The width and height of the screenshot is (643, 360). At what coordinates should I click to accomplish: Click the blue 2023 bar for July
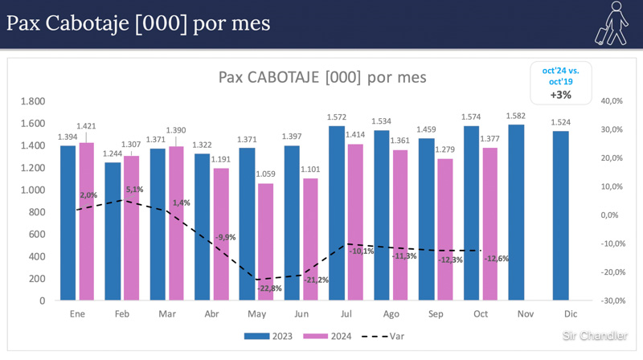(336, 213)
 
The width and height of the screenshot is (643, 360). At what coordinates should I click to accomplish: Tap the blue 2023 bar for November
(515, 212)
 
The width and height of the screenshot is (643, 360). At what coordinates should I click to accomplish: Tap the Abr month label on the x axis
(211, 314)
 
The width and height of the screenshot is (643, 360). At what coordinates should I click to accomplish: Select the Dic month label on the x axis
(569, 314)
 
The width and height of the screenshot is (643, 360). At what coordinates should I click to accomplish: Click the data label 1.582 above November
(516, 117)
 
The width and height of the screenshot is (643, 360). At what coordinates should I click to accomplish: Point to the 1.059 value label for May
(266, 175)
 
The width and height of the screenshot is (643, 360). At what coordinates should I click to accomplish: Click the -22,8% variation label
(270, 288)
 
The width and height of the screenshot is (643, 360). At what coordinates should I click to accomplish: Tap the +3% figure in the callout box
(560, 95)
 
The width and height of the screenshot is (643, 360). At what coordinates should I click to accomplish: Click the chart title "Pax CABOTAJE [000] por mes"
(322, 77)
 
